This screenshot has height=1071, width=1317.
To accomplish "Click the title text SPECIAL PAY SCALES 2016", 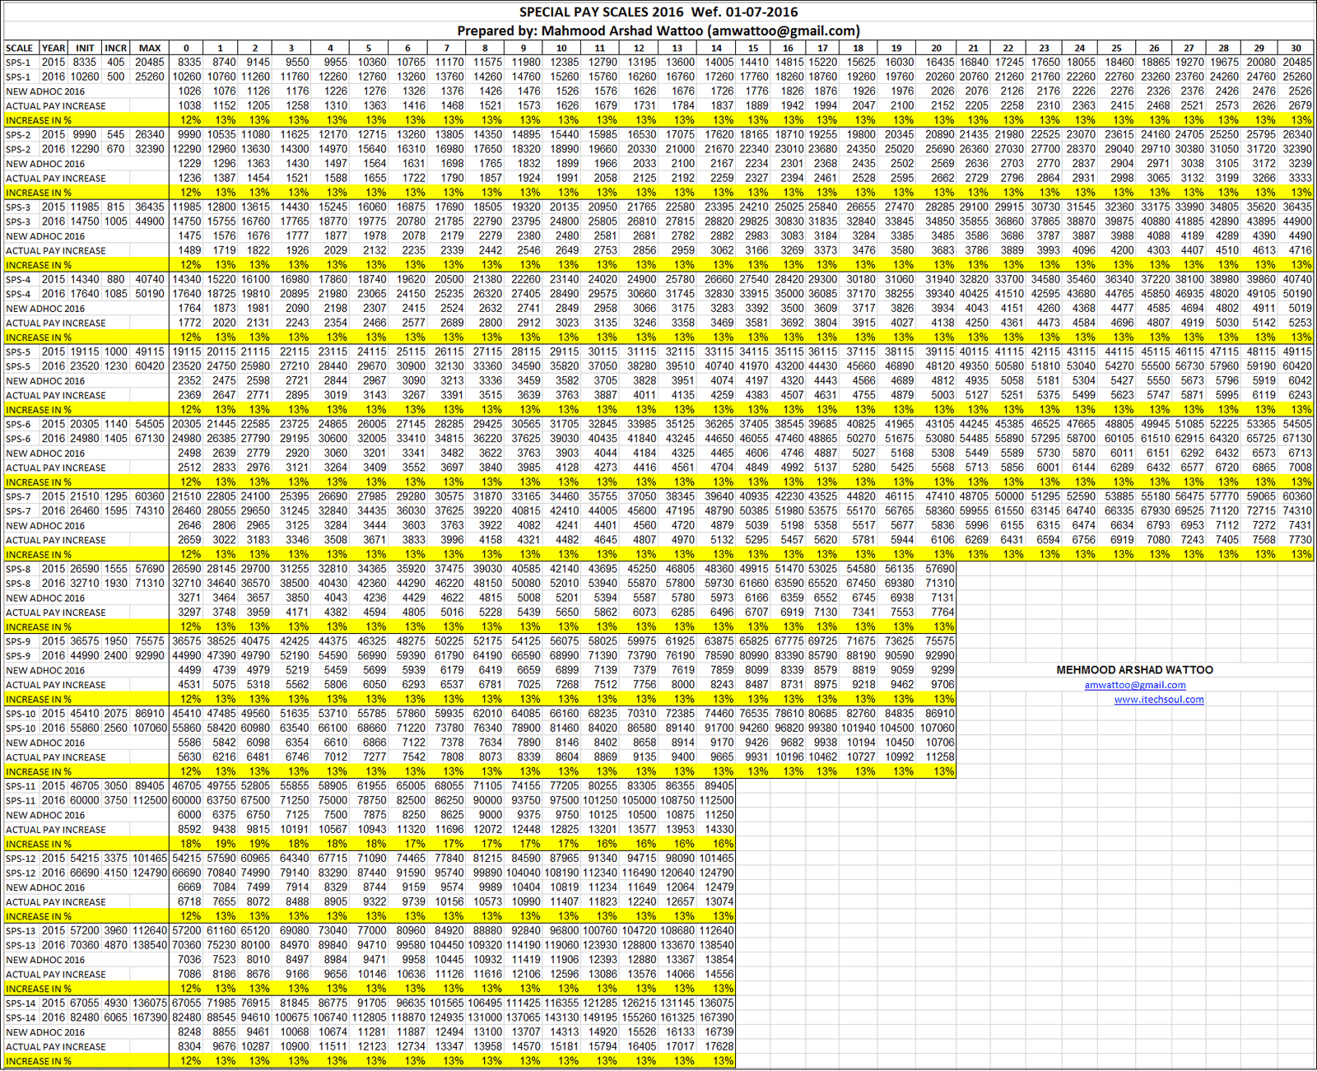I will pyautogui.click(x=601, y=12).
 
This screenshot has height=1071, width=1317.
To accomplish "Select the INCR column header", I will pyautogui.click(x=115, y=48).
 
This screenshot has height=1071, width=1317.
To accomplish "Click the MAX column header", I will pyautogui.click(x=150, y=48).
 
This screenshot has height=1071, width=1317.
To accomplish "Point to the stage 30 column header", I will pyautogui.click(x=1296, y=48).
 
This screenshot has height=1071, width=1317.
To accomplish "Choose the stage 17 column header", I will pyautogui.click(x=822, y=48).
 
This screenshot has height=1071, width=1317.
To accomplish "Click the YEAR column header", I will pyautogui.click(x=54, y=48).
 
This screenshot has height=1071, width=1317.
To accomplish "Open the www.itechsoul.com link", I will pyautogui.click(x=1159, y=700).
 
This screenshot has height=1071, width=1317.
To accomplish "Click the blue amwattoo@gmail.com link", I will pyautogui.click(x=1135, y=685).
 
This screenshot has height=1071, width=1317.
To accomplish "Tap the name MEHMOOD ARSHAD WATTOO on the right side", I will pyautogui.click(x=1134, y=670).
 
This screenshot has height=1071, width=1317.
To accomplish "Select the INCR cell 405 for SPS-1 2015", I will pyautogui.click(x=116, y=62).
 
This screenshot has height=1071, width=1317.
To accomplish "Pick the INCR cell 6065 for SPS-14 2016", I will pyautogui.click(x=115, y=1017).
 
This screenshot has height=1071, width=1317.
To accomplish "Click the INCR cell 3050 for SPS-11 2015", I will pyautogui.click(x=115, y=786).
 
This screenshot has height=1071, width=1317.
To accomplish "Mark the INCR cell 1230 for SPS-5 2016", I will pyautogui.click(x=115, y=366).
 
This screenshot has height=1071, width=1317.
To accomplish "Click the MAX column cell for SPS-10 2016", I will pyautogui.click(x=150, y=728).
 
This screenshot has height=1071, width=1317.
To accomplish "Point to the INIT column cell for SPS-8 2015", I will pyautogui.click(x=84, y=569).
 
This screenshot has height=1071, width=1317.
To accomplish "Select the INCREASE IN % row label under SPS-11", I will pyautogui.click(x=39, y=844).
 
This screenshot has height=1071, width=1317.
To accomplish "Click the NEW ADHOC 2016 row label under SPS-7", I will pyautogui.click(x=45, y=525).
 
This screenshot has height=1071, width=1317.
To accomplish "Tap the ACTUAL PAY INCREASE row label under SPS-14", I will pyautogui.click(x=56, y=1046).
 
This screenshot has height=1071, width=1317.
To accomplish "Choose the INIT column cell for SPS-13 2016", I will pyautogui.click(x=84, y=945).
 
